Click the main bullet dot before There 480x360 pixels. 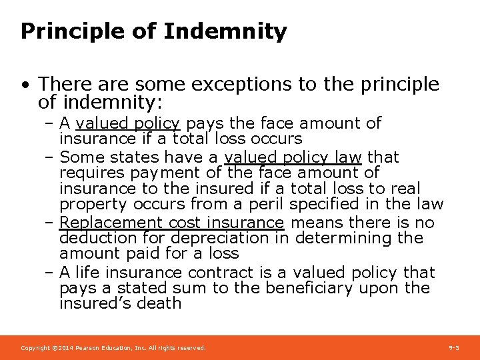click(25, 85)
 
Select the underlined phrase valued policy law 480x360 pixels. click(293, 157)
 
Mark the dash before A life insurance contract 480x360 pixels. click(49, 273)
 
